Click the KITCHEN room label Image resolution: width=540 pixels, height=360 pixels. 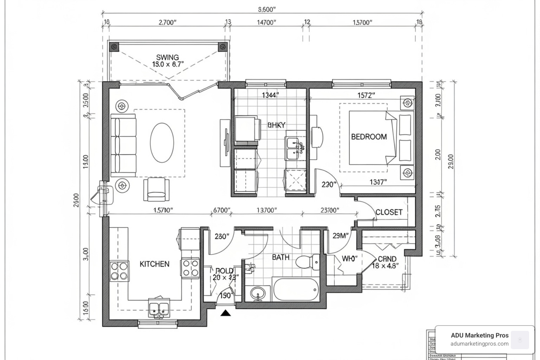point(154,264)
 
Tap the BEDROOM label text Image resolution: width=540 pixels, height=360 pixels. point(369,137)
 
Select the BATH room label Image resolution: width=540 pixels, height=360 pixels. point(281,257)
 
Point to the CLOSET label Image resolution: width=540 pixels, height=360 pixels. point(389,212)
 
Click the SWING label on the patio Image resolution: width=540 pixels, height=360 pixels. point(167,57)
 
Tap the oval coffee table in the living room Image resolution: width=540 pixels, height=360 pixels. point(162,142)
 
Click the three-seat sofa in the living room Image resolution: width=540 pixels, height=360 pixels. point(123,145)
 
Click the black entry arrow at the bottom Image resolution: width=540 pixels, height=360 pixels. point(225,313)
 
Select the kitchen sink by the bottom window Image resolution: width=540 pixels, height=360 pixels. point(159,308)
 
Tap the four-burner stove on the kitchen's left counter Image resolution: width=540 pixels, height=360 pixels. point(119,271)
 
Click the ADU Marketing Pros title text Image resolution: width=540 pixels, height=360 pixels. point(480,335)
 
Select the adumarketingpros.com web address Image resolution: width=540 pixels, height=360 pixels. point(480,344)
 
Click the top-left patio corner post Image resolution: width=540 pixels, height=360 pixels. point(114,47)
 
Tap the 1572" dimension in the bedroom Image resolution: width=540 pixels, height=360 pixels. point(366,95)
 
